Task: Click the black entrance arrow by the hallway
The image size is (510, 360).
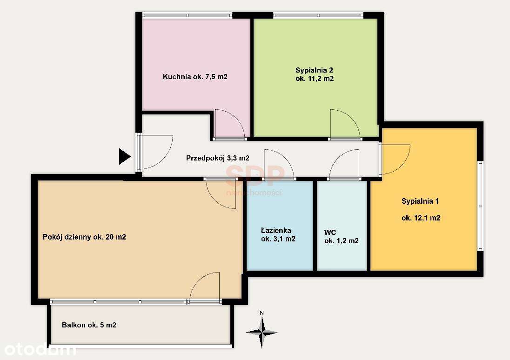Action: pyautogui.click(x=124, y=156)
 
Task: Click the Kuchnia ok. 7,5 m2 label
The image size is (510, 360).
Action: pyautogui.click(x=195, y=77)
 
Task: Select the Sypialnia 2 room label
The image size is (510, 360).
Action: pyautogui.click(x=315, y=74)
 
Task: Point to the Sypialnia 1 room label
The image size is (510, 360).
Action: pyautogui.click(x=420, y=209)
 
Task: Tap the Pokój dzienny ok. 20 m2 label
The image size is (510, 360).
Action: pyautogui.click(x=84, y=237)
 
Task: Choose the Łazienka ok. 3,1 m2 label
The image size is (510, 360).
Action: pyautogui.click(x=278, y=234)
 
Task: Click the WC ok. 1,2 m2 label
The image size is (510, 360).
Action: pyautogui.click(x=341, y=236)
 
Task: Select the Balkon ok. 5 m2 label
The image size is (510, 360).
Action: pyautogui.click(x=89, y=325)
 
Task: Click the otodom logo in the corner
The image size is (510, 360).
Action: pyautogui.click(x=38, y=349)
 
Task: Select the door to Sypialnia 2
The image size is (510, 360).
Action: pyautogui.click(x=345, y=125)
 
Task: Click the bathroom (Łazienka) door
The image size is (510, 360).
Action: pyautogui.click(x=279, y=165)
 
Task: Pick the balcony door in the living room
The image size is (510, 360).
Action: pyautogui.click(x=204, y=287)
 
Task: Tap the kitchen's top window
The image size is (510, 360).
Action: pyautogui.click(x=187, y=15)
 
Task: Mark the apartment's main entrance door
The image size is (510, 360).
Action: pyautogui.click(x=155, y=152)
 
